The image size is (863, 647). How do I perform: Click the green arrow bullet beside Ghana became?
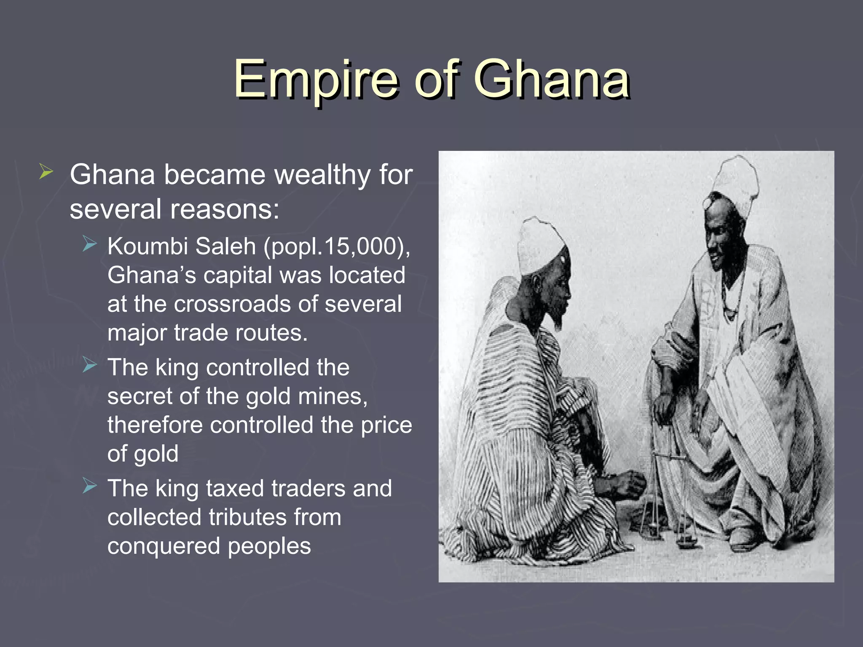coord(46,172)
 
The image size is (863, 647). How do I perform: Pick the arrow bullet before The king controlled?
coord(90,365)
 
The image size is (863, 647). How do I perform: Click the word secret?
coord(139,397)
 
